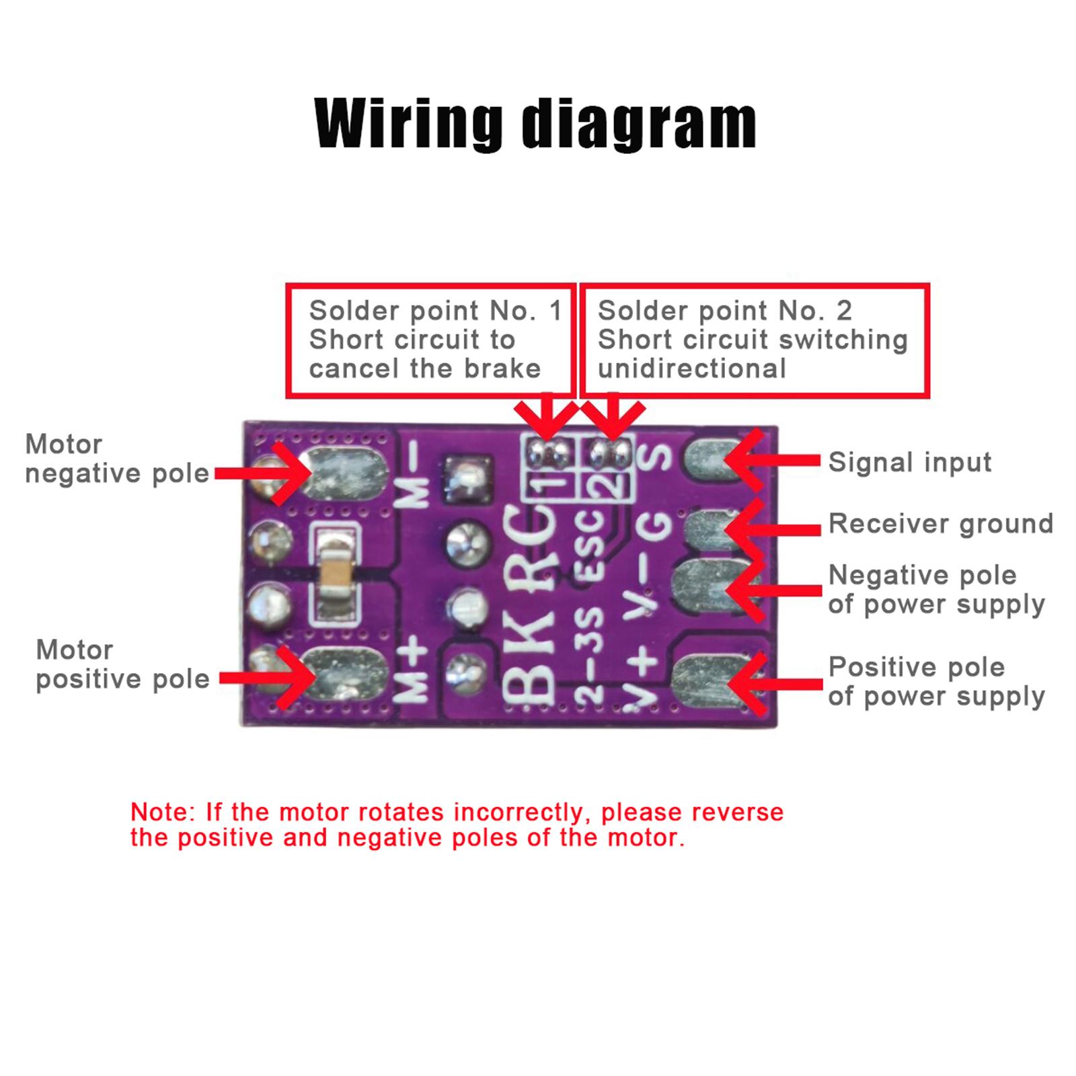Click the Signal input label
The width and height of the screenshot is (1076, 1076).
tap(910, 463)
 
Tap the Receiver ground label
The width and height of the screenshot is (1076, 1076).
tap(941, 524)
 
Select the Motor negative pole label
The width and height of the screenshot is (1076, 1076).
tap(117, 459)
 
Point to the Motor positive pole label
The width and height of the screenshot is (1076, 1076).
tap(122, 664)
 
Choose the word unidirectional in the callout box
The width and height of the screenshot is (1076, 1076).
tap(692, 369)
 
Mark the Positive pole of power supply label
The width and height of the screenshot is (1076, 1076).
tap(937, 682)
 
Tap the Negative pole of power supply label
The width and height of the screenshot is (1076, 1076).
tap(937, 590)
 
